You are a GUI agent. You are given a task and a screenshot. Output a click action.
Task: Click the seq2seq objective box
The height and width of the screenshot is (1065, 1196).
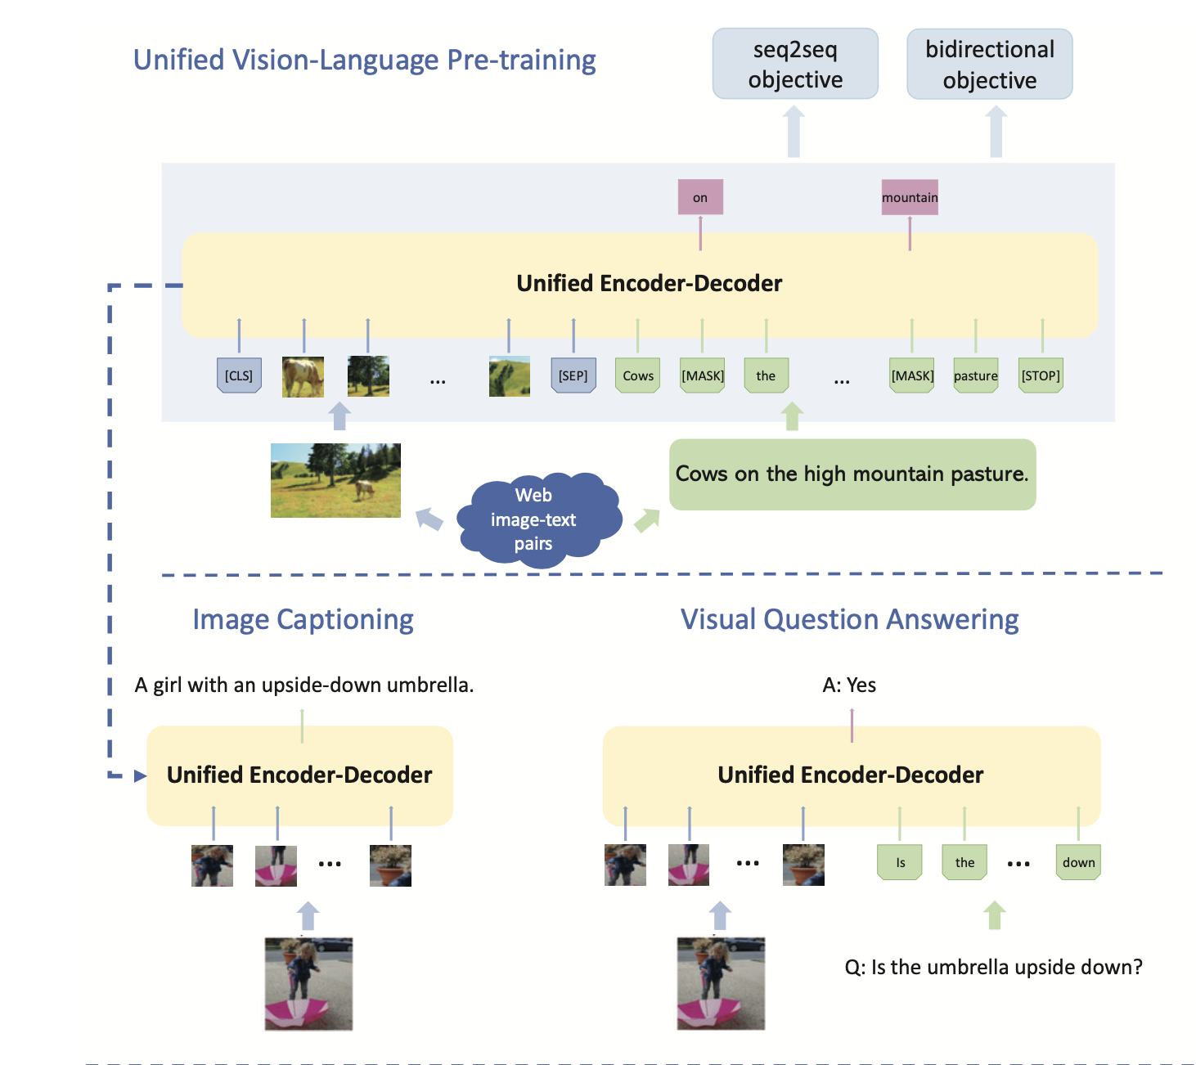coord(795,64)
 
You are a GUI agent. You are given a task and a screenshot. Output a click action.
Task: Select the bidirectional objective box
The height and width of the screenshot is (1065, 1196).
coord(989,65)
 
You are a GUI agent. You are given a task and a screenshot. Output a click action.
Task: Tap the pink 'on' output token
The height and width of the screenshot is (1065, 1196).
coord(700,197)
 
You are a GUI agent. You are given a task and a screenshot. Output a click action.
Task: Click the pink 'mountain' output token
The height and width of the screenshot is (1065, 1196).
coord(910,197)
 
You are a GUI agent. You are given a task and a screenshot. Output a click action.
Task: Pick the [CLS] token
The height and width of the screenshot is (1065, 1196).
coord(239,375)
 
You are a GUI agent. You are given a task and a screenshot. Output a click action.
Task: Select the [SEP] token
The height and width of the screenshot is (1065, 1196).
coord(573,375)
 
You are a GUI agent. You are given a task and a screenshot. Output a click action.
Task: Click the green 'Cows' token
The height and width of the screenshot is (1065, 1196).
coord(638,375)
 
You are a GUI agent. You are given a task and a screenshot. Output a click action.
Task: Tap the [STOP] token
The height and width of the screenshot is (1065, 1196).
coord(1041,375)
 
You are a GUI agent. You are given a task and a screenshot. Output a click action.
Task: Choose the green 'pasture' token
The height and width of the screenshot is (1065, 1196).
coord(976,375)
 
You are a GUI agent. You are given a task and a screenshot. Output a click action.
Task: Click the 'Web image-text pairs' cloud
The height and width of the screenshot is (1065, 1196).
coord(534,519)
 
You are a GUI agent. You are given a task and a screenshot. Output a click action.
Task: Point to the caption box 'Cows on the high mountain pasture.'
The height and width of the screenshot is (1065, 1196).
coord(852,474)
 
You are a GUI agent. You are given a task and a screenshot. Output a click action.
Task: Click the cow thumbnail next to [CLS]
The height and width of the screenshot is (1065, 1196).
coord(303,376)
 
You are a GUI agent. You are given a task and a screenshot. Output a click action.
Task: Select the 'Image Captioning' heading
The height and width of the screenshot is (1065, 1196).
coord(303,619)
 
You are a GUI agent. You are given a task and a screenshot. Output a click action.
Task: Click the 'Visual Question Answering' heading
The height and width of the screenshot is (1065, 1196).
coord(849,619)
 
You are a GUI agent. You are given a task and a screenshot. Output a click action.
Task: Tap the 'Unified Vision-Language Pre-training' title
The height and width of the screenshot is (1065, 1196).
coord(364,60)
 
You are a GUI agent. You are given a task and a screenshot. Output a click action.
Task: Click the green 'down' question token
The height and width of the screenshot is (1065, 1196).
coord(1078,862)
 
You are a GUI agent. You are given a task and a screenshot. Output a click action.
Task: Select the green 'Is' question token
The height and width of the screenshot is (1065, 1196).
coord(900,862)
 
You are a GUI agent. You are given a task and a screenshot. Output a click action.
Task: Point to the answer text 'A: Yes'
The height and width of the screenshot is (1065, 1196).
coord(849,685)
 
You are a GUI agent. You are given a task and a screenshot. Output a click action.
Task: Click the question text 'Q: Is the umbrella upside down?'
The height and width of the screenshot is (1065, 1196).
coord(993,967)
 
